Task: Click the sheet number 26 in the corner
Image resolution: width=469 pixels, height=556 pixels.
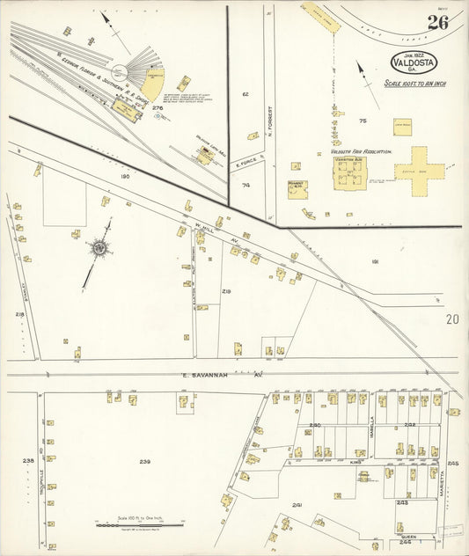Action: (x=437, y=23)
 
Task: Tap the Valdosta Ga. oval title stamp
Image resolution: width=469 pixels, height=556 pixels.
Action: (x=415, y=64)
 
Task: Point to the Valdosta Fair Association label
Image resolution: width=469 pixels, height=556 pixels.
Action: (x=361, y=151)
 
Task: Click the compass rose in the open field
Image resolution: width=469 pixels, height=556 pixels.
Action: (x=100, y=249)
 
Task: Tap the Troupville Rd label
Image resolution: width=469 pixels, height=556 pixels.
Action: (x=41, y=457)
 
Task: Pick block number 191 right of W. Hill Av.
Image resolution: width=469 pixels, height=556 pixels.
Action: (x=375, y=262)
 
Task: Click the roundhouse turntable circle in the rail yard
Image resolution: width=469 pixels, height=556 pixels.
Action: (x=136, y=70)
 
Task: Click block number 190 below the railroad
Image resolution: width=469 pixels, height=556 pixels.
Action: (x=125, y=176)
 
